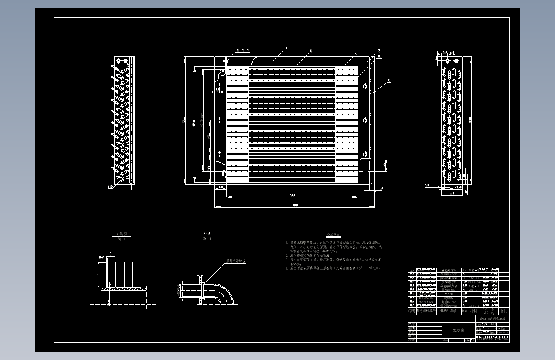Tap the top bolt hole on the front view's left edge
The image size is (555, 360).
pos(220,86)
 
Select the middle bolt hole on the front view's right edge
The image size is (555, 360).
pos(364,120)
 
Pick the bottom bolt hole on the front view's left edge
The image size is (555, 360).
pos(220,154)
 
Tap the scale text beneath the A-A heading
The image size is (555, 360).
pos(207,239)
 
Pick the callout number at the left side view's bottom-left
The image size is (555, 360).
pos(110,187)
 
